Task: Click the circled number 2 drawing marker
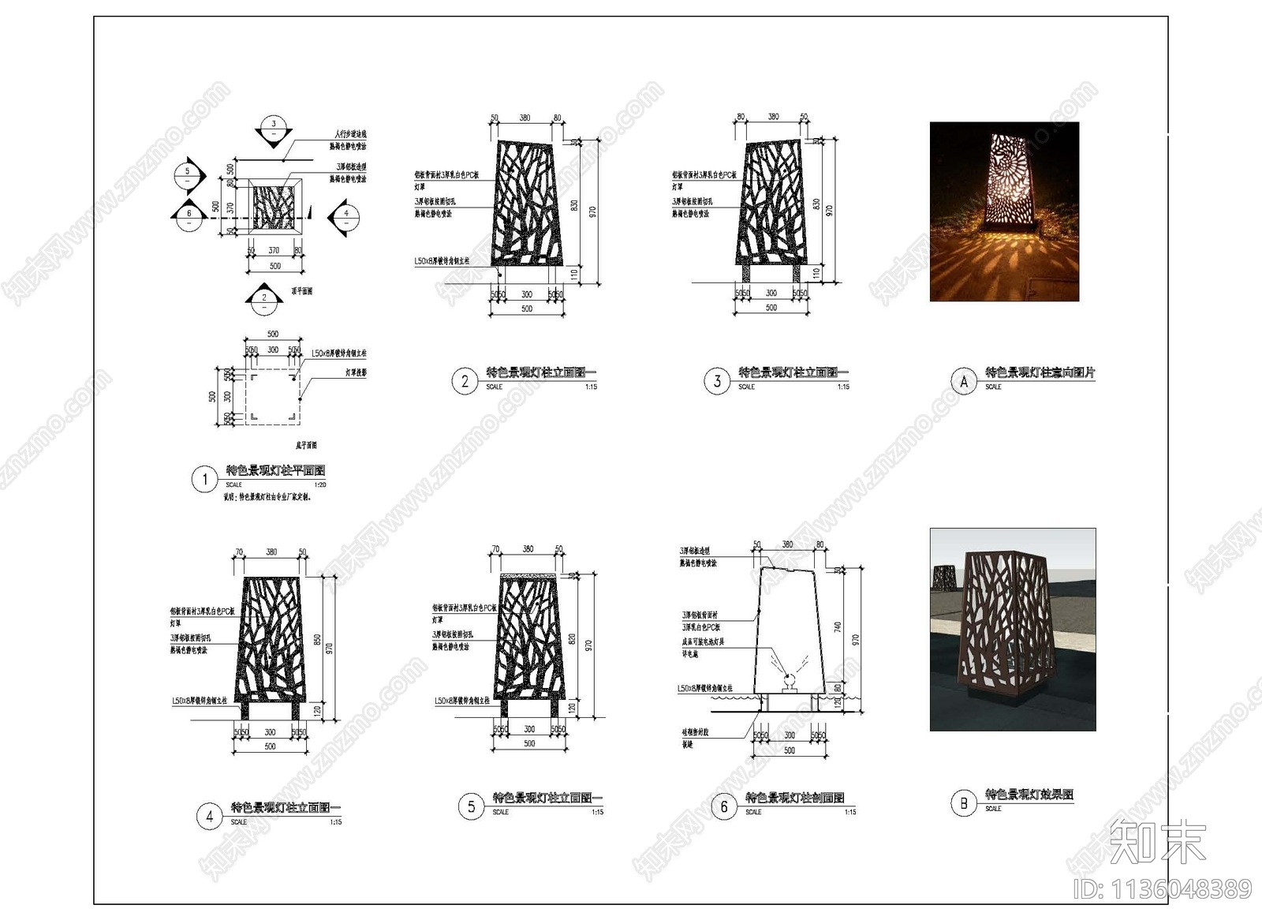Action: [465, 382]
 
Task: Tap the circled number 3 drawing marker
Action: [717, 382]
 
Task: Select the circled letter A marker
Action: [964, 382]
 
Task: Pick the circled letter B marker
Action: [964, 804]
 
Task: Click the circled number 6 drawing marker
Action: [724, 806]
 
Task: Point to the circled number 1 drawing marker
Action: [205, 479]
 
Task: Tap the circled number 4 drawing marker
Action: [209, 817]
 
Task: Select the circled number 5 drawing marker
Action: [471, 806]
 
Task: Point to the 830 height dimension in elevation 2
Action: [575, 205]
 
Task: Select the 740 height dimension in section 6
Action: [838, 626]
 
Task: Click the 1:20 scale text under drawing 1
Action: [319, 485]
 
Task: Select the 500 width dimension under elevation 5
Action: [529, 743]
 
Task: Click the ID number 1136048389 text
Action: [1163, 890]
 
